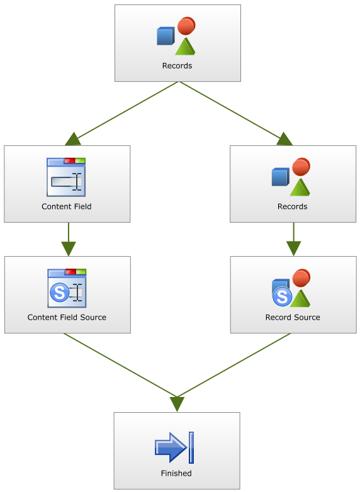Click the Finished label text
(x=176, y=473)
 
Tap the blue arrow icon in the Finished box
(x=171, y=447)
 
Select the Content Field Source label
(x=67, y=317)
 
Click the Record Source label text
(x=293, y=317)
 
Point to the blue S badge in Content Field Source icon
(x=59, y=293)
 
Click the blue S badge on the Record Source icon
(x=282, y=296)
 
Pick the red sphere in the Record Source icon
(x=301, y=278)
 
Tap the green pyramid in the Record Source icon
(x=300, y=298)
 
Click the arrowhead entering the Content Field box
(x=73, y=140)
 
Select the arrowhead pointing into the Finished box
(x=177, y=404)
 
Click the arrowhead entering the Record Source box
(x=294, y=249)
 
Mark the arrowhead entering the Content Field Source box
(x=69, y=249)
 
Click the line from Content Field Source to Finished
(x=120, y=366)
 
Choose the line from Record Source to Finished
(x=234, y=366)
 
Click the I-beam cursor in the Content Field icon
(x=77, y=182)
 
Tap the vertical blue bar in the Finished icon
(x=191, y=447)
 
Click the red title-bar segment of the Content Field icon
(x=70, y=161)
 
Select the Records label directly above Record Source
(x=292, y=206)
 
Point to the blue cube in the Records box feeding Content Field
(x=166, y=36)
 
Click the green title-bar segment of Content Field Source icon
(x=81, y=272)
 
